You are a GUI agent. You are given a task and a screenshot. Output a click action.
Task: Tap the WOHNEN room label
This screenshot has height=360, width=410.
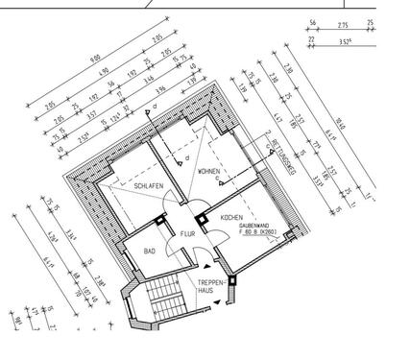point(209,172)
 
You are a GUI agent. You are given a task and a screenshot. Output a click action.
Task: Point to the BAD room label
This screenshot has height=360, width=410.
point(150,251)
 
